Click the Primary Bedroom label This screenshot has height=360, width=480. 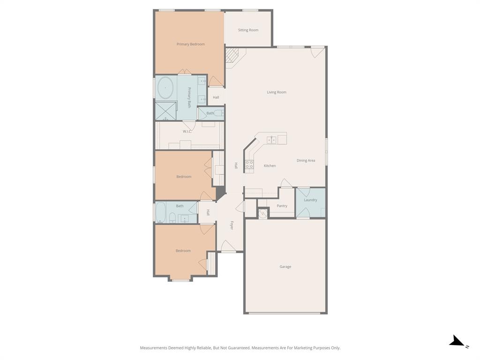tap(190, 44)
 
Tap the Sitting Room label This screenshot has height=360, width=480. tap(248, 30)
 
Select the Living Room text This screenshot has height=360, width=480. tap(277, 92)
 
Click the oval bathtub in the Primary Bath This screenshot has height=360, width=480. tap(165, 88)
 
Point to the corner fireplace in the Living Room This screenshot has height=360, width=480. tap(232, 56)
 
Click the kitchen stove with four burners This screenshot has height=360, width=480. tap(249, 164)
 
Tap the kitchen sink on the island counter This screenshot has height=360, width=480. tap(271, 140)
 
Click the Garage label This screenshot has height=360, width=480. tap(285, 267)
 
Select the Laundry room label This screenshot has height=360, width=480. tap(310, 200)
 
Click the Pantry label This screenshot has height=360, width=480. tap(282, 206)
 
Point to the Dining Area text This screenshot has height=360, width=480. tap(306, 160)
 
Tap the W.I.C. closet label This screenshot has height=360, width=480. tap(187, 131)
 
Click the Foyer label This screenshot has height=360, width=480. tap(232, 225)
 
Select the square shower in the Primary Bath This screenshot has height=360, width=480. tap(165, 111)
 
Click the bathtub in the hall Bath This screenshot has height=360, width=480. tap(160, 212)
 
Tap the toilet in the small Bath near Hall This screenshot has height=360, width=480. tap(218, 113)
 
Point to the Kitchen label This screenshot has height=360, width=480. tap(270, 166)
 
